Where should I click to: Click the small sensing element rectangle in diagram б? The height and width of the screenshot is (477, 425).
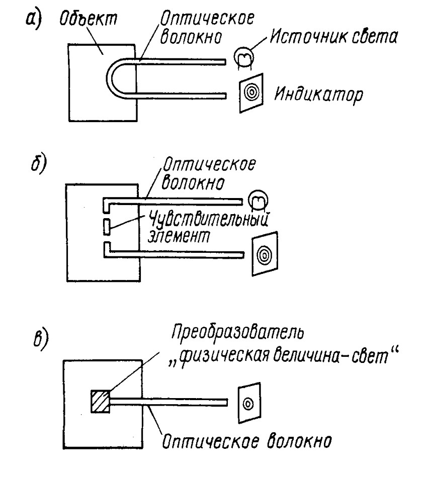pyautogui.click(x=106, y=227)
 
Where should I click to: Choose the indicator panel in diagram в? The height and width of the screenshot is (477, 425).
pyautogui.click(x=247, y=403)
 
